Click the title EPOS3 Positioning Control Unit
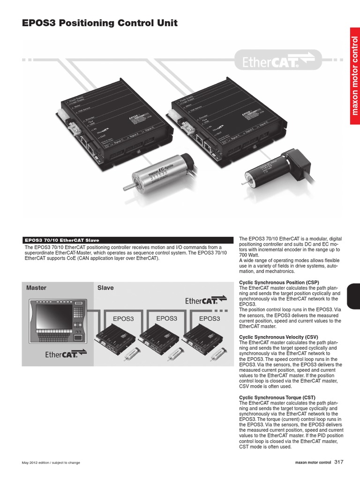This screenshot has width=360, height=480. [100, 23]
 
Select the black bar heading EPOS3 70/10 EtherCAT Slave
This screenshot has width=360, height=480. [127, 240]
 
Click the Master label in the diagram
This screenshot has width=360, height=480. [37, 288]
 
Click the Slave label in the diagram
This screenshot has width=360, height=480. [105, 288]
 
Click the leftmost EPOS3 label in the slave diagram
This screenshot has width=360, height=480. [123, 319]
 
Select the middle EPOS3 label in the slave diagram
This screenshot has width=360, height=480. [167, 318]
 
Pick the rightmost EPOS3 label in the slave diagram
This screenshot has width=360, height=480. [210, 319]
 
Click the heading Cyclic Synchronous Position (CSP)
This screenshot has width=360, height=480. [279, 283]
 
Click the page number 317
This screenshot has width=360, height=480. [339, 462]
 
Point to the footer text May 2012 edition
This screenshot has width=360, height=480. [51, 463]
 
